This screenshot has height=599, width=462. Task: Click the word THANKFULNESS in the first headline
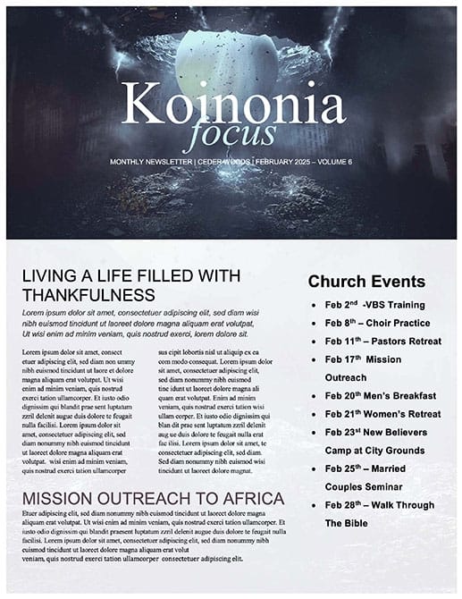pos(88,294)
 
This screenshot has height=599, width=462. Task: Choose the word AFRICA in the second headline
pos(248,498)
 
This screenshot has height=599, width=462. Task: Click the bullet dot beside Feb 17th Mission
pos(314,359)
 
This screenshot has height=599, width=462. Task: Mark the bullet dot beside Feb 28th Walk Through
pos(314,505)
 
